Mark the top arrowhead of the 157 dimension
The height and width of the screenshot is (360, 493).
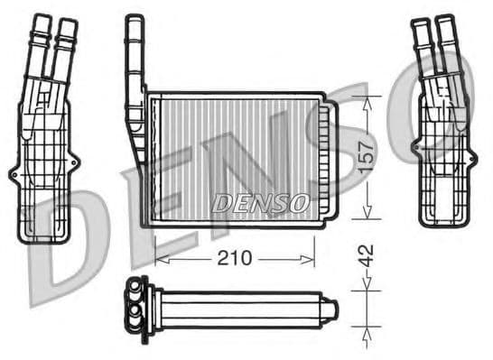click(366, 97)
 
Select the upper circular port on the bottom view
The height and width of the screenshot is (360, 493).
click(135, 291)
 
